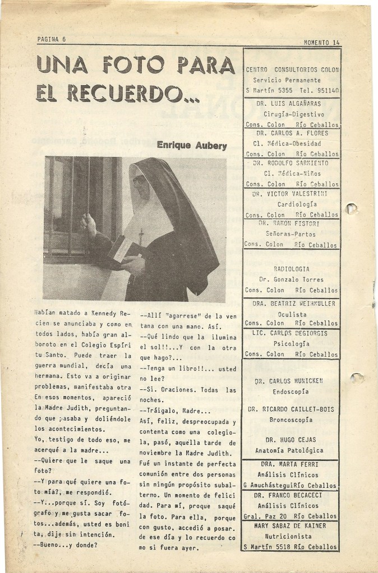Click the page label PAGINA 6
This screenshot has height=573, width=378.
click(x=52, y=39)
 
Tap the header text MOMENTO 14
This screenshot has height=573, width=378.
click(x=321, y=43)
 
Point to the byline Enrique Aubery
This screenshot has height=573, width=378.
click(x=192, y=146)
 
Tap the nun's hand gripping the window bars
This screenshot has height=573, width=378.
click(x=88, y=223)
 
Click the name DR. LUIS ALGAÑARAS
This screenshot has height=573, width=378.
click(x=292, y=104)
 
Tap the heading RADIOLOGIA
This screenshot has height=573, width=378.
click(x=292, y=269)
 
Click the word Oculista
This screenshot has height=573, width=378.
click(x=292, y=314)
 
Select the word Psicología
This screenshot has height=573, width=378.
click(x=292, y=343)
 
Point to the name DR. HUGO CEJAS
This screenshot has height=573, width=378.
click(x=292, y=440)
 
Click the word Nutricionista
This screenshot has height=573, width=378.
click(x=292, y=536)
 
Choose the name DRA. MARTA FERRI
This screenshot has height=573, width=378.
click(x=292, y=464)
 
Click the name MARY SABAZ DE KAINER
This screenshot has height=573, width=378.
click(x=292, y=526)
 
